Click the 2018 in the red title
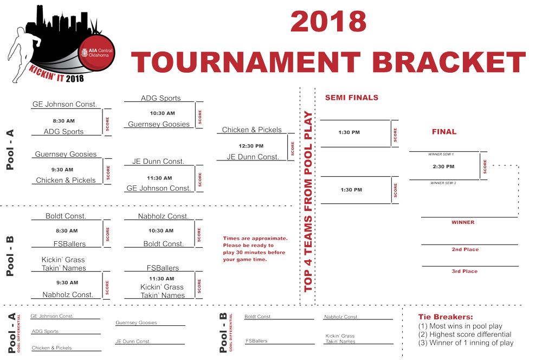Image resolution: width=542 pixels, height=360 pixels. tap(328, 22)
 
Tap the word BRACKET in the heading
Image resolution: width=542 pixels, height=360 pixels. tap(449, 62)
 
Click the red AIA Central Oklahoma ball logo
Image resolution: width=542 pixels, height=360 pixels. tap(96, 53)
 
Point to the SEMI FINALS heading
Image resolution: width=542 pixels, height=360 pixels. tap(352, 98)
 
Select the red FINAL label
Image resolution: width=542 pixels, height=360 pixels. tap(444, 132)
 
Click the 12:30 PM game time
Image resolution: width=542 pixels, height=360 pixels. tap(251, 146)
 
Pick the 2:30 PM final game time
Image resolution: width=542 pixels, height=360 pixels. tap(443, 166)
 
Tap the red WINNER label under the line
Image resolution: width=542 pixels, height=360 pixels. tap(463, 222)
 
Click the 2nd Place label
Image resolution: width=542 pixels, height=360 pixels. tap(465, 249)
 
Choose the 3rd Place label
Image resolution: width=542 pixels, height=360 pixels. tap(464, 271)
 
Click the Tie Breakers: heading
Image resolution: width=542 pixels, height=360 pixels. tap(446, 317)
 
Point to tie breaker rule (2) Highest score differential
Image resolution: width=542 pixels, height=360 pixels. tap(464, 335)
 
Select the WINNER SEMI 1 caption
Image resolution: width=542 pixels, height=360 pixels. tap(441, 154)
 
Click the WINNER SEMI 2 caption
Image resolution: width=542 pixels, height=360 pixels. tap(443, 183)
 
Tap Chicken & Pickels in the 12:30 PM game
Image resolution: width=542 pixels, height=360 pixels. tap(251, 130)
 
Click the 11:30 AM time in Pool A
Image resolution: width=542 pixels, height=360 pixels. tap(159, 178)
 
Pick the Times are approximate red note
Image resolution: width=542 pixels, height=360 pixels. tap(255, 249)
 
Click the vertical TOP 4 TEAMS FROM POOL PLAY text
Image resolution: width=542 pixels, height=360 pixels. tap(308, 202)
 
